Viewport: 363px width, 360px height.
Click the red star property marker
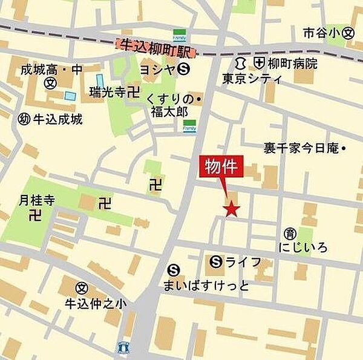click(232, 209)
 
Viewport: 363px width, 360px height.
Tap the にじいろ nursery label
click(303, 248)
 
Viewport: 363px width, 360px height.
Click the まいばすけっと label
click(206, 285)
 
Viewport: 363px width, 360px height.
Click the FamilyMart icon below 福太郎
click(189, 126)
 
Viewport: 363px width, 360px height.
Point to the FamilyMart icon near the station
click(180, 34)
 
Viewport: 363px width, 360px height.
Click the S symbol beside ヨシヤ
click(185, 70)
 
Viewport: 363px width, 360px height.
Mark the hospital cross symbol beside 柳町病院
click(260, 62)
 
